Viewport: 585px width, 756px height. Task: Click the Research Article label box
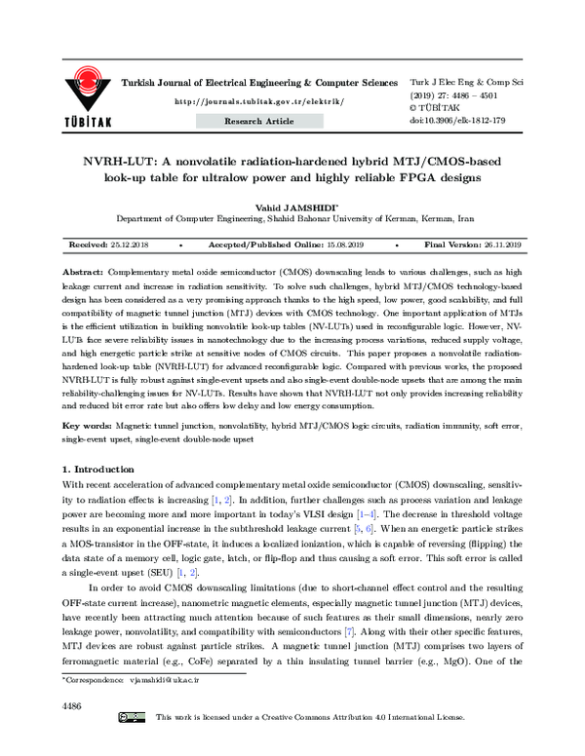tap(259, 121)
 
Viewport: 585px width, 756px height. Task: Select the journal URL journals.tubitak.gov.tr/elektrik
tap(258, 101)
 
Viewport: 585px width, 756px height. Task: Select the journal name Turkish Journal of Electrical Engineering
tap(234, 86)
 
